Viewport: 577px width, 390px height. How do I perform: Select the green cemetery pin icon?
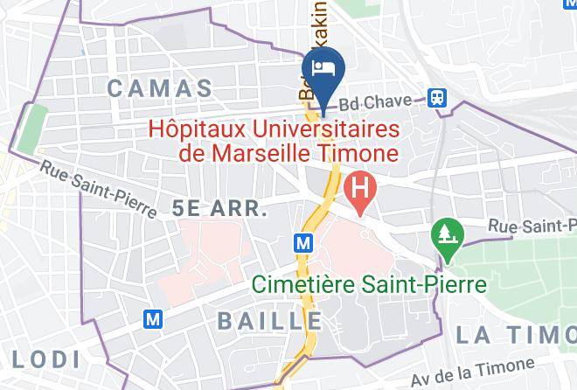(x=445, y=234)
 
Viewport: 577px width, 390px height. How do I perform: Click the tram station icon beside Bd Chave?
(x=434, y=97)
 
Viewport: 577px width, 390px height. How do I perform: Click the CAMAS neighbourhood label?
(x=160, y=88)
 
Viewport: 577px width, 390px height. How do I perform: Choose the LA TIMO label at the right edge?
(x=515, y=334)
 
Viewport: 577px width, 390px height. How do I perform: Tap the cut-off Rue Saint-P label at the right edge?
(x=533, y=226)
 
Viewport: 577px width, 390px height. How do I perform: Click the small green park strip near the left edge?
(x=31, y=126)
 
